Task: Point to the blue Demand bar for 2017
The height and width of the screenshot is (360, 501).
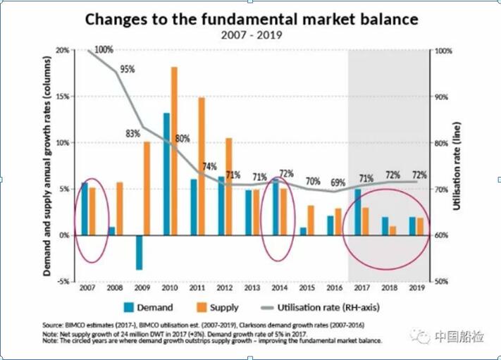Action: (x=358, y=211)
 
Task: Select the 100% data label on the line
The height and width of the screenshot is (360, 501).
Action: (x=104, y=49)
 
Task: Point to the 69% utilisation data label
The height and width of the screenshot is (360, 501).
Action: (x=338, y=183)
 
